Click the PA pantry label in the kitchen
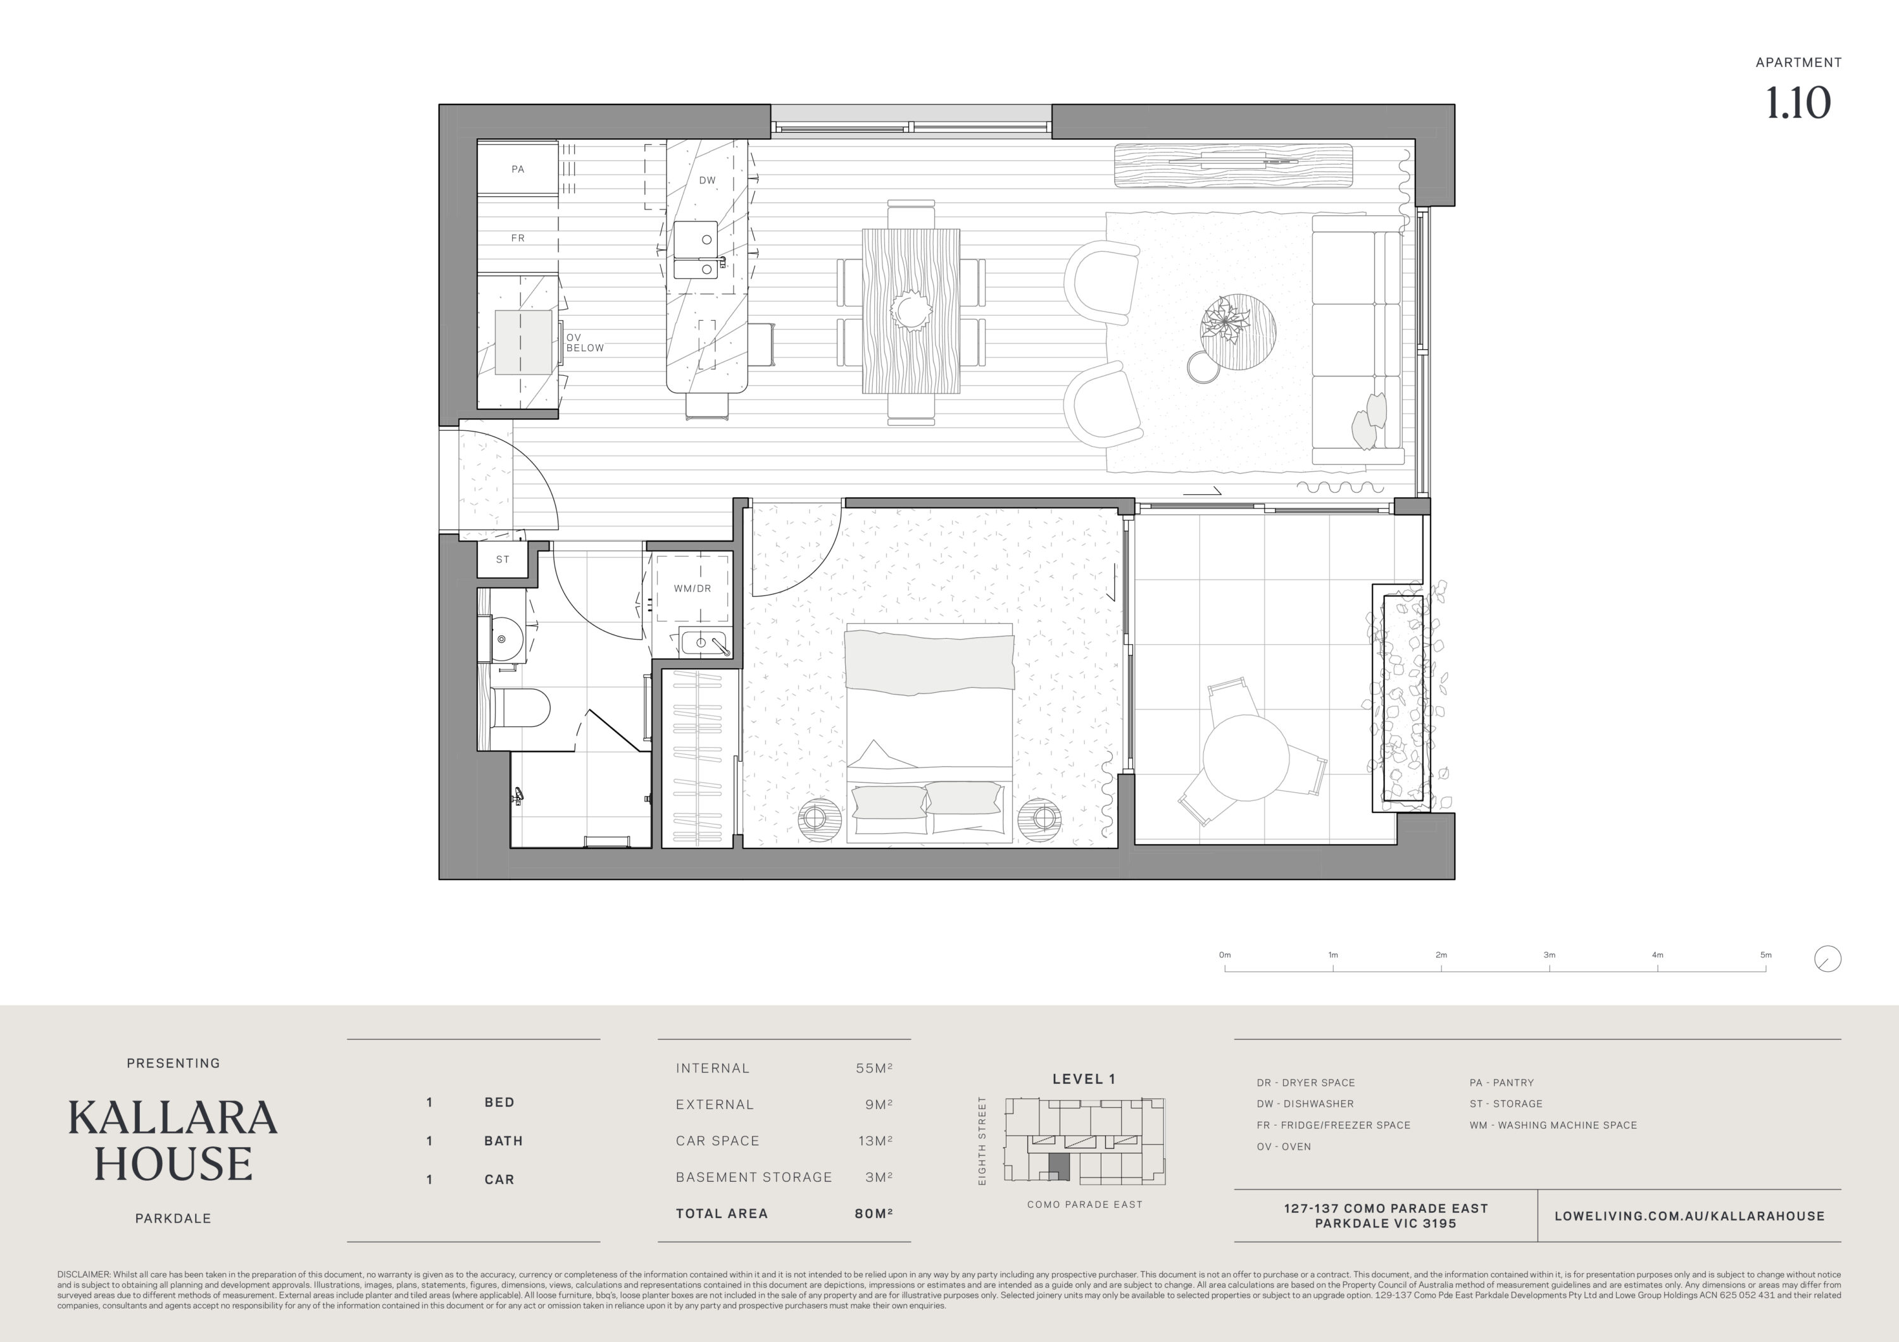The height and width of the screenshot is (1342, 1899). (518, 169)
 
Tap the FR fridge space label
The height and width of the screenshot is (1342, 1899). (518, 238)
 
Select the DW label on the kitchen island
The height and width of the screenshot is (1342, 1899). (707, 180)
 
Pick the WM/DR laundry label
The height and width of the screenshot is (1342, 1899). (693, 588)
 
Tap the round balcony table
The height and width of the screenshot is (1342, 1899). (1246, 757)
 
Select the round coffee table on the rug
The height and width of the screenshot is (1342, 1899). (1238, 332)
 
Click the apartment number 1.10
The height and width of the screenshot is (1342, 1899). (1798, 103)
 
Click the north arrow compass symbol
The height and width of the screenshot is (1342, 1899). (1828, 959)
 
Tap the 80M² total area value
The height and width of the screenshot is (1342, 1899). (874, 1214)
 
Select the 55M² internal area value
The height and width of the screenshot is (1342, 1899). (874, 1068)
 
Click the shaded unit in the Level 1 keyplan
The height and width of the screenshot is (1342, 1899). (1058, 1167)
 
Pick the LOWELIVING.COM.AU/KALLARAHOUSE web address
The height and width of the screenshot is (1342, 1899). (1689, 1216)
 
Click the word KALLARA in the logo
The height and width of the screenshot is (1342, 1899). (173, 1118)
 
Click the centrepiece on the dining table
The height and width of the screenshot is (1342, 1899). (912, 312)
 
